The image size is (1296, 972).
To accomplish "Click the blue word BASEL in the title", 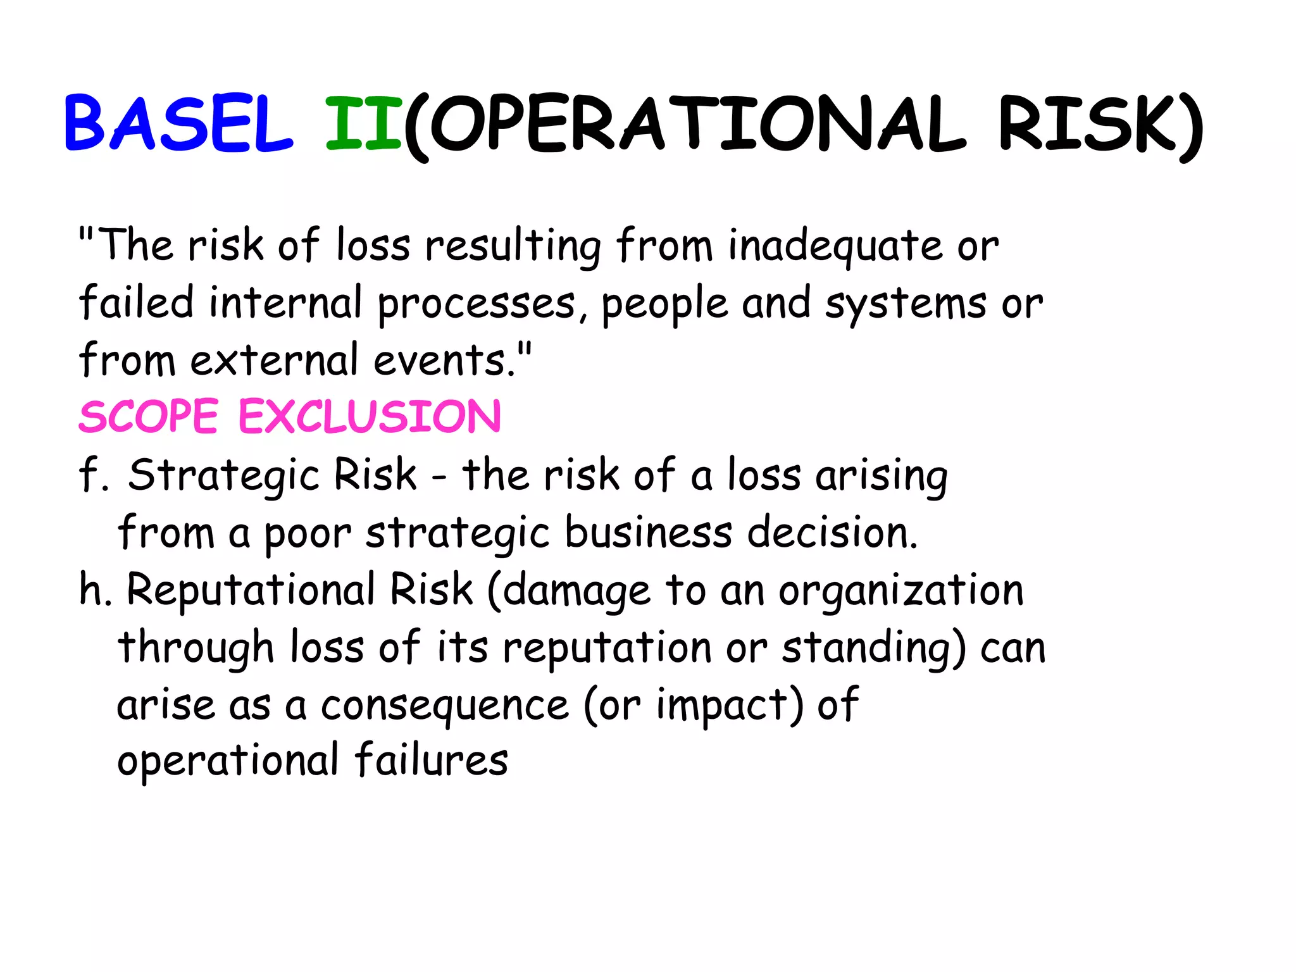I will tap(178, 124).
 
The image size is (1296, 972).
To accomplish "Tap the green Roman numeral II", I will tap(363, 124).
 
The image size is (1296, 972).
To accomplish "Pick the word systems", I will tap(906, 304).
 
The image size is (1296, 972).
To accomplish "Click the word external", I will tap(275, 361).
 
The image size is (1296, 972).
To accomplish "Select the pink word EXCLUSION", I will tap(370, 418).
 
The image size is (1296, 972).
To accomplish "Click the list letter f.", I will tap(89, 475).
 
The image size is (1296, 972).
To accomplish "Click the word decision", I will tap(832, 533).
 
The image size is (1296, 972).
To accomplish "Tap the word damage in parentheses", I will tap(577, 592).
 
